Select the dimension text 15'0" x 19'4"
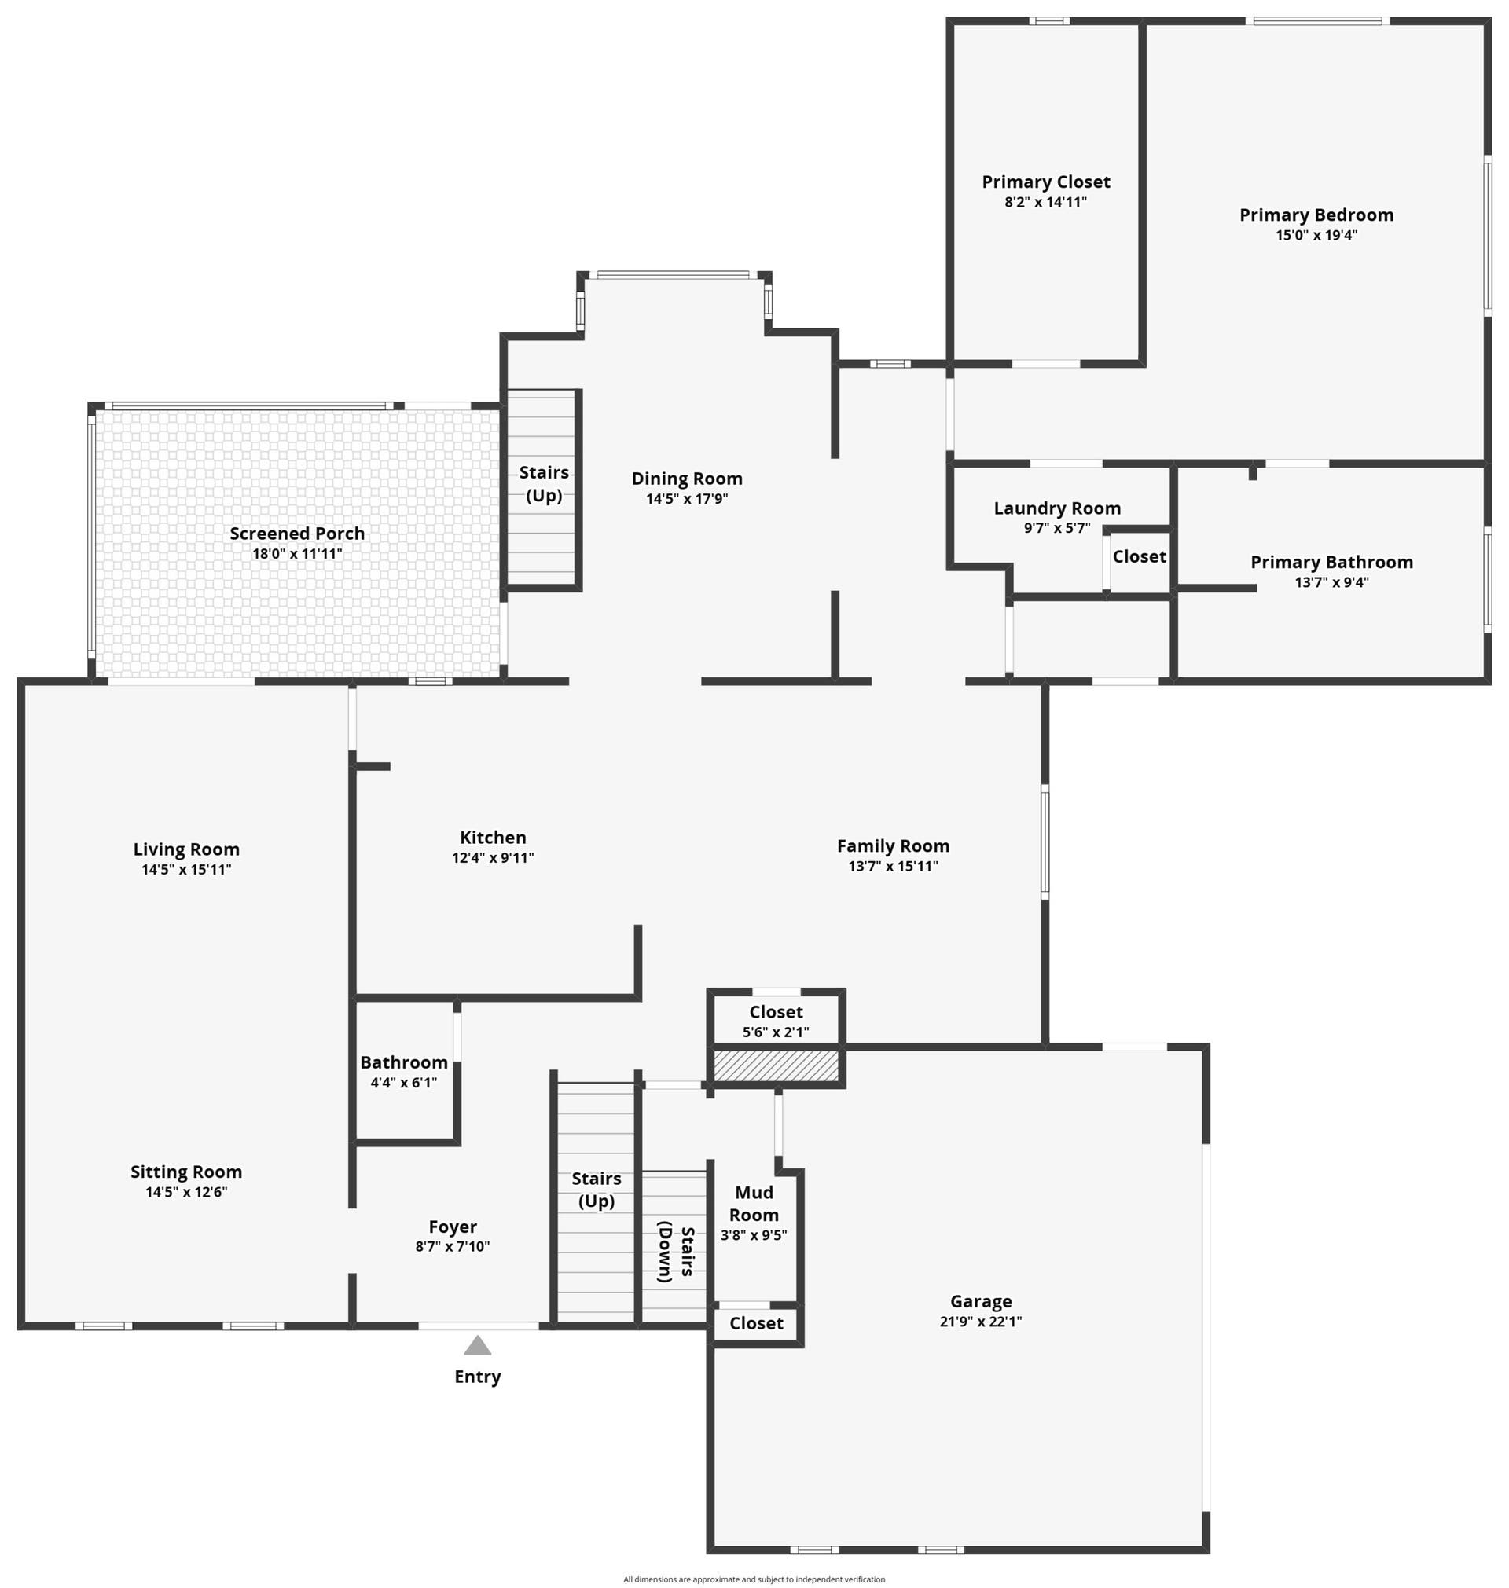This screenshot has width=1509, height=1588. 1316,236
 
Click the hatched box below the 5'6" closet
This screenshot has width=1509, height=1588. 777,1066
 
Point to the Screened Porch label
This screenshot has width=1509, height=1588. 297,533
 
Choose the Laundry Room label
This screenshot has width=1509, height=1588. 1057,508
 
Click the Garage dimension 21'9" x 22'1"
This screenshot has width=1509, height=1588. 981,1321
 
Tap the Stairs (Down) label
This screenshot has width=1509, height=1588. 676,1253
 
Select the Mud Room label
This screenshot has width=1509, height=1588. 754,1204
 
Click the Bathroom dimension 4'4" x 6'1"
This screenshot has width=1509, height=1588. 404,1082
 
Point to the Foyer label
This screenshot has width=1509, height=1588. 452,1227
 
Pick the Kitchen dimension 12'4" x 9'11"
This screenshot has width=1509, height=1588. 492,857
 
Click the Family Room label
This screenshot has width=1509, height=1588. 893,846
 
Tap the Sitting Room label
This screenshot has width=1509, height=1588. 185,1172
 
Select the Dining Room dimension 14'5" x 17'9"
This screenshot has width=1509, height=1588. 687,498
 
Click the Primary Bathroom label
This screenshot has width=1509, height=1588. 1331,562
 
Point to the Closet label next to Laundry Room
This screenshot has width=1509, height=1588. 1139,556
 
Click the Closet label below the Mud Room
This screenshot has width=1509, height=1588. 756,1323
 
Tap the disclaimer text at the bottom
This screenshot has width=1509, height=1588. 754,1579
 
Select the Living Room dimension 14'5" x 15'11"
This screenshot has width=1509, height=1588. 185,869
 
